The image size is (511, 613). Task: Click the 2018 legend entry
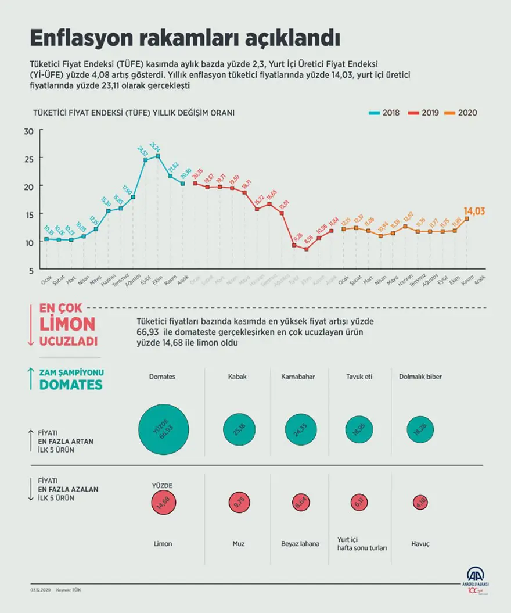[x=384, y=113]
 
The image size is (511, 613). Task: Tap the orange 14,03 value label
[x=474, y=211]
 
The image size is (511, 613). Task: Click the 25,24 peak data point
[x=158, y=156]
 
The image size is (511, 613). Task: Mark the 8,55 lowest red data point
[x=306, y=249]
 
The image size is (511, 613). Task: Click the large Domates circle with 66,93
[x=164, y=429]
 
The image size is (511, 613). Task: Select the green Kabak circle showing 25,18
[x=239, y=429]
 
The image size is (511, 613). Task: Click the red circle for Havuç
[x=420, y=503]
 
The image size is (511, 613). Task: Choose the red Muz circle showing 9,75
[x=239, y=503]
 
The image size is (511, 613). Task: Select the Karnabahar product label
[x=298, y=377]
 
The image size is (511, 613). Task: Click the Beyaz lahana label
[x=300, y=544]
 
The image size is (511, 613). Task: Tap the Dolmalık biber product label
[x=420, y=377]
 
